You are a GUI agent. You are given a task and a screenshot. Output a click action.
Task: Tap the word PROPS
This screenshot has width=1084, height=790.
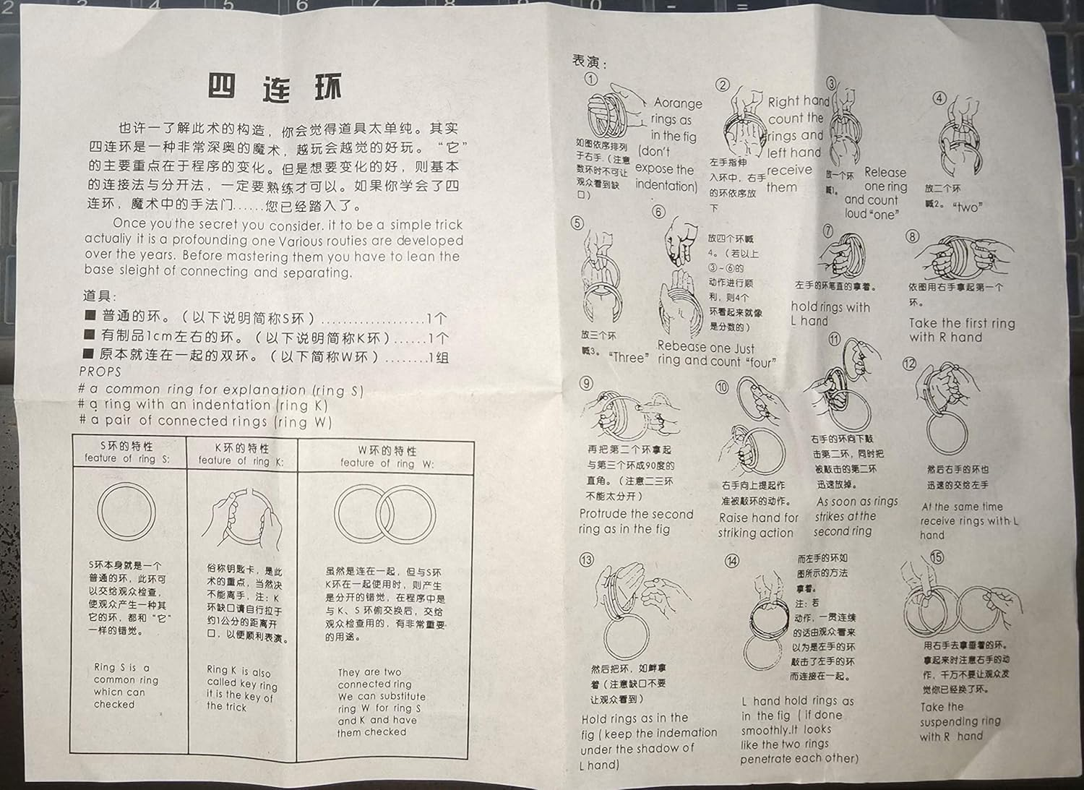point(100,372)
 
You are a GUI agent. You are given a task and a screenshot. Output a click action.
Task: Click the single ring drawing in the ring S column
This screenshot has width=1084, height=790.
point(126,511)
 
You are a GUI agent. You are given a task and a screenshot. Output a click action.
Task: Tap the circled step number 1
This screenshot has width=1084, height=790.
point(591,79)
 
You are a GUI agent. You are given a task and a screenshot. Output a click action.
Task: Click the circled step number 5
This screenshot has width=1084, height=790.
point(577,223)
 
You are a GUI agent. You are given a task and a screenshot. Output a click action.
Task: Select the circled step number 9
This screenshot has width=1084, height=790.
point(586,383)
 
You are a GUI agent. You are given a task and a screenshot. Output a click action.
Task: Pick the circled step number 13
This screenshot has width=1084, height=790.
point(587,559)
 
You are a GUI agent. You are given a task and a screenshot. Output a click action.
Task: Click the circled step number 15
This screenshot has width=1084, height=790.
point(937,557)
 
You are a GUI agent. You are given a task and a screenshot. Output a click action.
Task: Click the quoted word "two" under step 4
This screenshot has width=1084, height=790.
point(966,207)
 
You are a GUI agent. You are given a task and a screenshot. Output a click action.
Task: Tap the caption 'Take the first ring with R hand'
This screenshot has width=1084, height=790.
point(961,330)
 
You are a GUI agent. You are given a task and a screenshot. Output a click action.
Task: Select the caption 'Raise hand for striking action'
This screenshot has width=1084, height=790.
point(757,525)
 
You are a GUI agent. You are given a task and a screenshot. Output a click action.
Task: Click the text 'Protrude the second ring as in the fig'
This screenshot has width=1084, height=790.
point(635,521)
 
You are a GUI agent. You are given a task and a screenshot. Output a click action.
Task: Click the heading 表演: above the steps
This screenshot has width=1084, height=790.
point(590,61)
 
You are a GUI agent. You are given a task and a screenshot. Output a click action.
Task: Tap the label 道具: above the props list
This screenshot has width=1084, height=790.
point(100,296)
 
